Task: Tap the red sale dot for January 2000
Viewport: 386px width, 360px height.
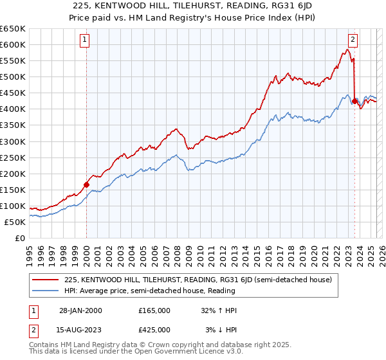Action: point(86,184)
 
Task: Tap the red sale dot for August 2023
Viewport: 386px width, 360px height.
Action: point(354,100)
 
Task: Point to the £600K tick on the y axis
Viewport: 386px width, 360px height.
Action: point(14,44)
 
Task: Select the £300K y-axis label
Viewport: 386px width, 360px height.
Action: point(14,141)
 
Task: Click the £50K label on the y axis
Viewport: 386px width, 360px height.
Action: point(16,222)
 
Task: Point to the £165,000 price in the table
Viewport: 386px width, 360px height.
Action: point(154,310)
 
